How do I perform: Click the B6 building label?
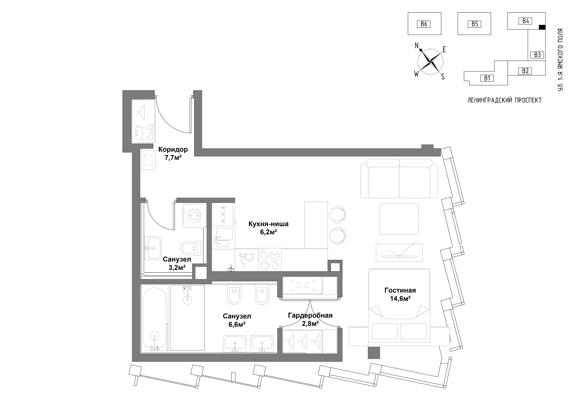(x=424, y=24)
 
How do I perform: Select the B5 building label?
(x=474, y=24)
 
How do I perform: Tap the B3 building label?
(x=537, y=55)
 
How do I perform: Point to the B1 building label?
(x=487, y=78)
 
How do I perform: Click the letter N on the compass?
(x=417, y=45)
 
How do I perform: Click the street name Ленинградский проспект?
(x=505, y=100)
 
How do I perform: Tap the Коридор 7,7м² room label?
(x=173, y=153)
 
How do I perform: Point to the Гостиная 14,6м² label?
(x=400, y=294)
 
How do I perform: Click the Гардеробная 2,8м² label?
(x=310, y=320)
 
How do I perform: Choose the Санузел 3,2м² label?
(x=177, y=263)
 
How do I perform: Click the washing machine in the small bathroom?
(x=194, y=215)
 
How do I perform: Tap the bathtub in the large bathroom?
(x=155, y=318)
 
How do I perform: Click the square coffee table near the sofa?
(x=399, y=219)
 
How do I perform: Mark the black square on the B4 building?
(x=542, y=27)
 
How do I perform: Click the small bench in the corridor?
(x=148, y=160)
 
